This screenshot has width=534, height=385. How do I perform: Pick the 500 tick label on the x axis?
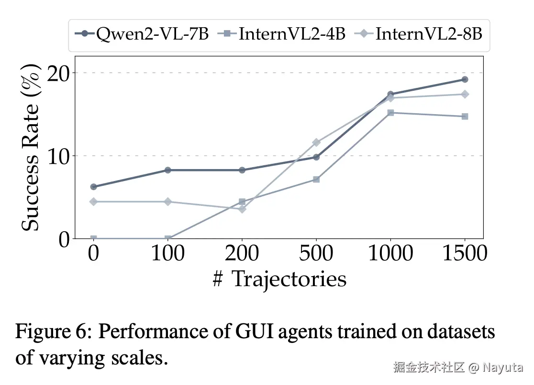pyautogui.click(x=316, y=253)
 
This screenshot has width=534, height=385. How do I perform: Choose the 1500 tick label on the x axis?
pyautogui.click(x=464, y=253)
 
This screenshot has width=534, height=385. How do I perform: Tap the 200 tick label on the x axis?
pyautogui.click(x=242, y=253)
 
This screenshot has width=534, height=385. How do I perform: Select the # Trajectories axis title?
pyautogui.click(x=279, y=279)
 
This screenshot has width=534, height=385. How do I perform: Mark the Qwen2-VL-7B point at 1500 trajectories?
pyautogui.click(x=465, y=79)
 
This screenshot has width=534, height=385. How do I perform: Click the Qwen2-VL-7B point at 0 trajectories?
pyautogui.click(x=93, y=187)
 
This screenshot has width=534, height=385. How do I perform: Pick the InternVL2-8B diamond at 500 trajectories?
pyautogui.click(x=316, y=142)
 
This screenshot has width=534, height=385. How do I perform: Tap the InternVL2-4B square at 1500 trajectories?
pyautogui.click(x=465, y=117)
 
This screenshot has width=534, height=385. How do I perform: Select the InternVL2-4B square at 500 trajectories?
pyautogui.click(x=316, y=180)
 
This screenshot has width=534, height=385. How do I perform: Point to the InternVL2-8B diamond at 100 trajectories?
pyautogui.click(x=168, y=202)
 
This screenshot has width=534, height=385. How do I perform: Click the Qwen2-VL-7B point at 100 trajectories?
pyautogui.click(x=168, y=170)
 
